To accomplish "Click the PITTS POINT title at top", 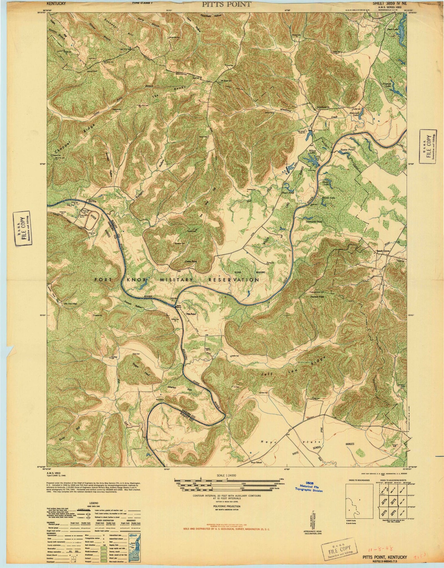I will coord(226,4).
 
